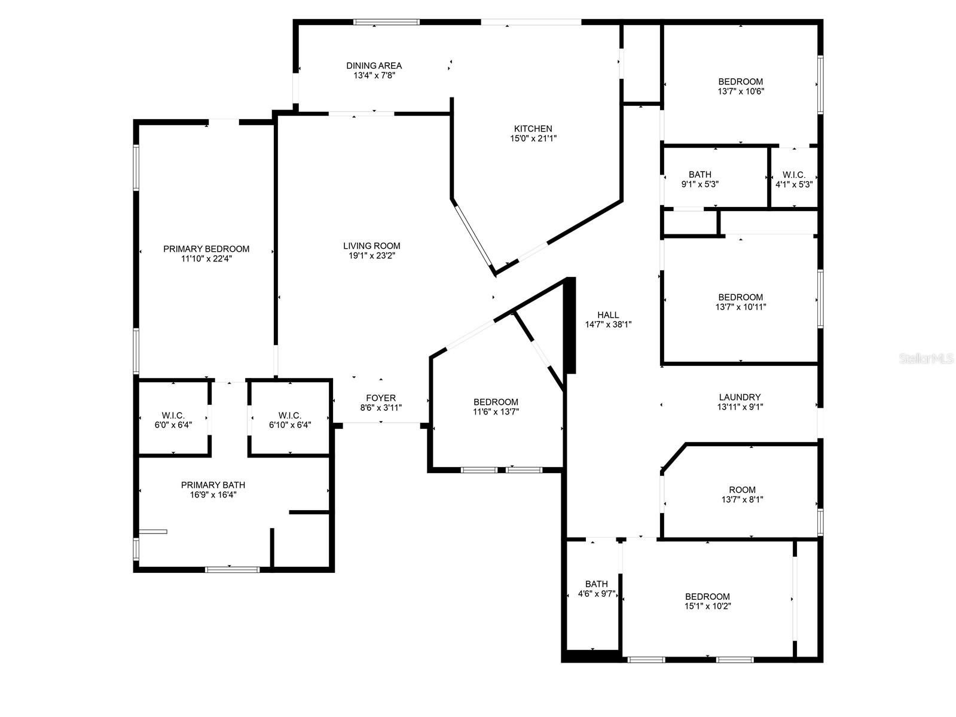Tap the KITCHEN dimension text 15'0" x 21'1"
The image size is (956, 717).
533,139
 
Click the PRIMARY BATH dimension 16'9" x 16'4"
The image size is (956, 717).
213,495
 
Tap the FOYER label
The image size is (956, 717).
381,398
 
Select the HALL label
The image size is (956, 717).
608,315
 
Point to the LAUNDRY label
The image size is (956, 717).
740,397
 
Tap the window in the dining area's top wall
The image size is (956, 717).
386,22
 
